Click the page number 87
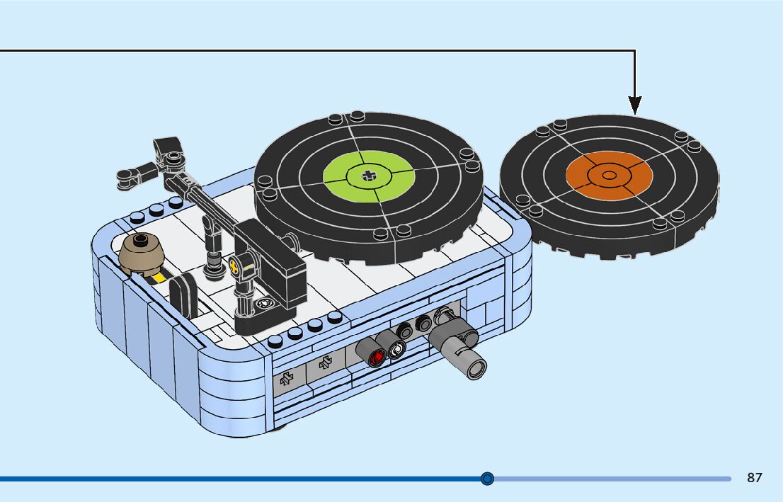tap(754, 478)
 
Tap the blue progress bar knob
tap(487, 479)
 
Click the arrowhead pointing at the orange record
tap(634, 105)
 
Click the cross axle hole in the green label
tap(367, 175)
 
